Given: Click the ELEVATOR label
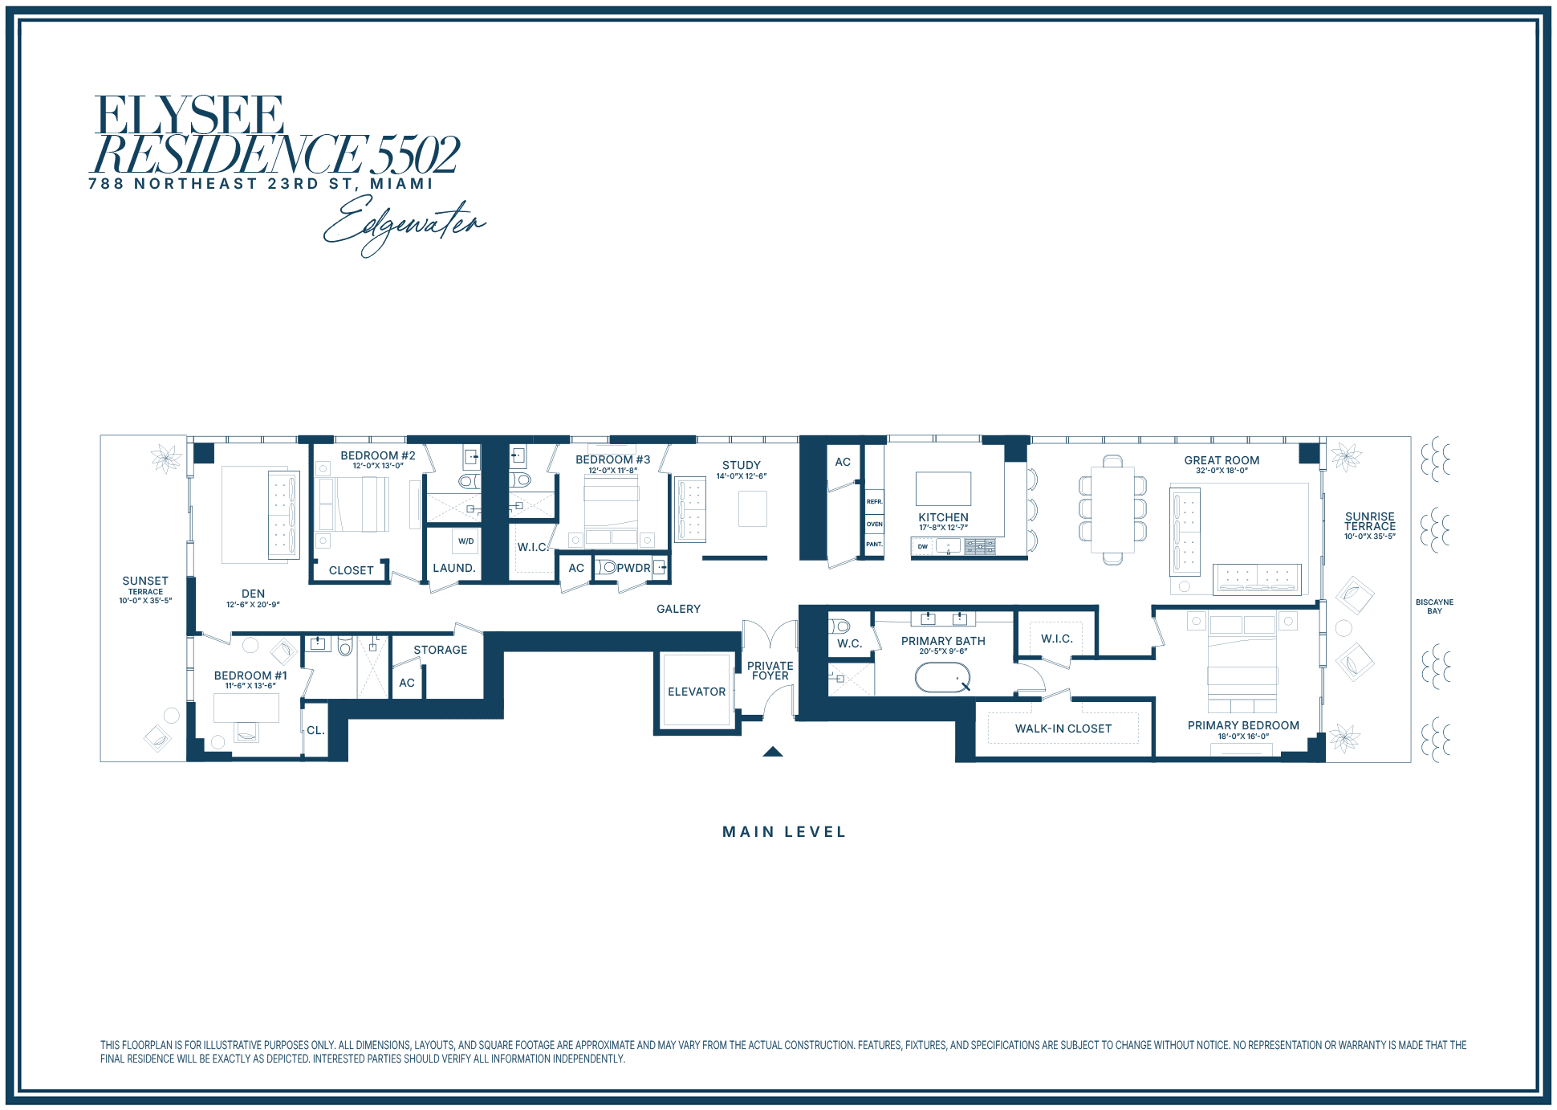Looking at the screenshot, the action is click(x=697, y=692).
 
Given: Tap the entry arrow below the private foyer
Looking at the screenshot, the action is click(x=773, y=752).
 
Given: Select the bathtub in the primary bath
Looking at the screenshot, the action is click(x=943, y=678).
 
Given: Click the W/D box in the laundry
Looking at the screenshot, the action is click(x=466, y=541).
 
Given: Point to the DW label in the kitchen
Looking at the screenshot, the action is click(x=923, y=547).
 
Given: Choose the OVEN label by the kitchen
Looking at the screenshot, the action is click(x=874, y=524).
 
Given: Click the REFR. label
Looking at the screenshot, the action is click(x=874, y=502).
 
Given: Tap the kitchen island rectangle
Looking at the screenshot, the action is click(x=944, y=488).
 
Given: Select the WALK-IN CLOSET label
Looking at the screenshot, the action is click(x=1063, y=728).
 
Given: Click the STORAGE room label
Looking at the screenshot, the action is click(x=441, y=650).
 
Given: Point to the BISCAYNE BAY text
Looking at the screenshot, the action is click(x=1435, y=606).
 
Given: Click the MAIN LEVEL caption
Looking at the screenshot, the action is click(x=784, y=832).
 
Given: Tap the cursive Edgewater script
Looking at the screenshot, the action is click(x=405, y=224).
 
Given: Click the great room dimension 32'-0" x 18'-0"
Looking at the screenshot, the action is click(x=1222, y=471).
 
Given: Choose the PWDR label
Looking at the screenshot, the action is click(x=633, y=568).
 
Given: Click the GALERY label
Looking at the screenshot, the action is click(x=679, y=609).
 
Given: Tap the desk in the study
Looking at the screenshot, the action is click(x=753, y=508).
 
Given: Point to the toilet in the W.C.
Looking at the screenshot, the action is click(x=839, y=626).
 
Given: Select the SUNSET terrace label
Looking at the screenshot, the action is click(x=145, y=581).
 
